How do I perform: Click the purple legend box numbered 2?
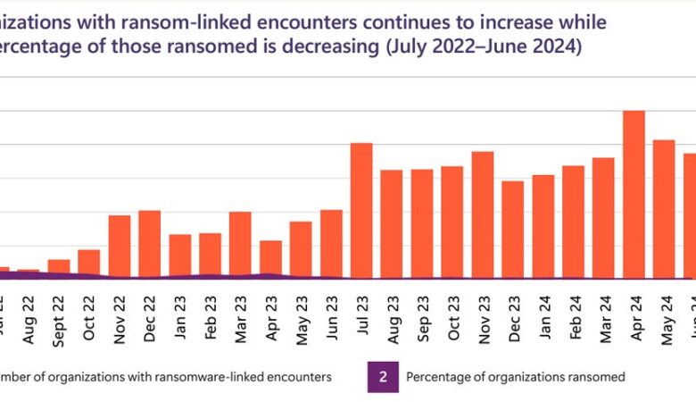(383, 377)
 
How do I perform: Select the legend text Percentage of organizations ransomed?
(516, 377)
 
